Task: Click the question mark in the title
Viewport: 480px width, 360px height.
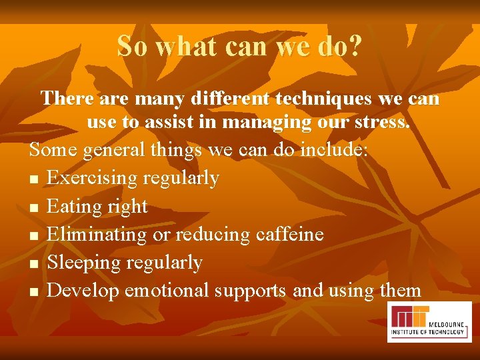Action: click(355, 46)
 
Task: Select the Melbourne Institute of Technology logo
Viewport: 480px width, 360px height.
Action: click(429, 322)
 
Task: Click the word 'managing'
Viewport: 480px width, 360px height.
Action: click(259, 124)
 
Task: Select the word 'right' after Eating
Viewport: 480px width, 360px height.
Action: click(126, 207)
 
